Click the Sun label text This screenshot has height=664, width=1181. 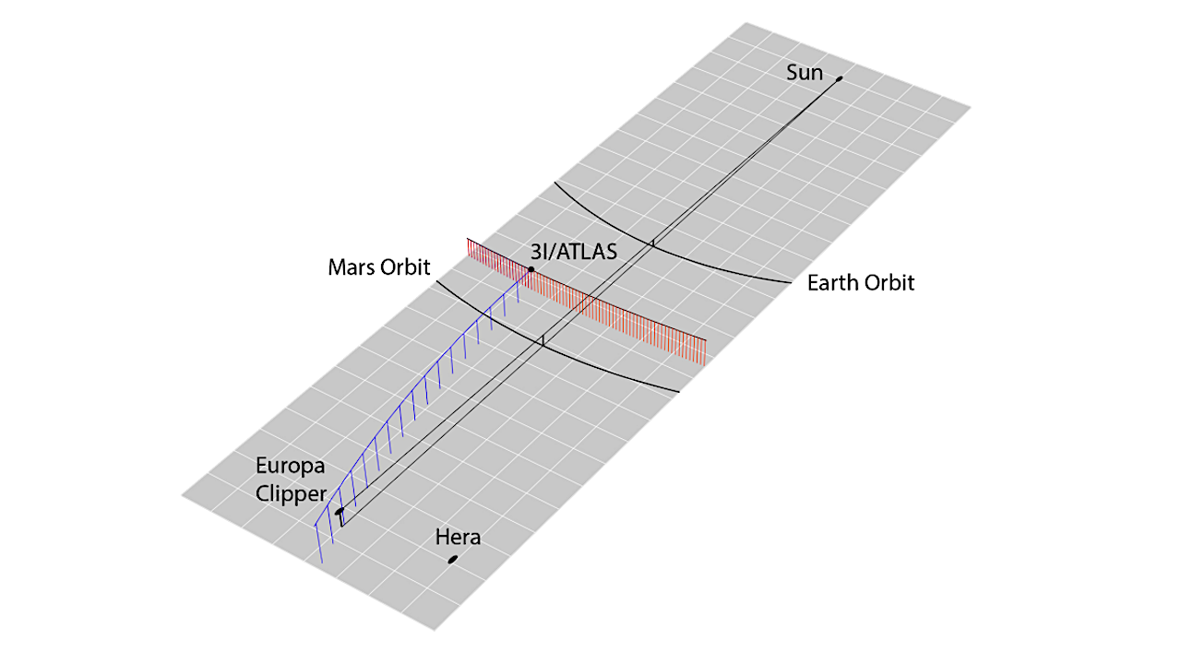coord(805,72)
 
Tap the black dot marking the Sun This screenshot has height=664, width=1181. coord(840,79)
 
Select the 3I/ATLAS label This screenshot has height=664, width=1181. coord(573,252)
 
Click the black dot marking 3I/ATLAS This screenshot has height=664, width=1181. coord(531,269)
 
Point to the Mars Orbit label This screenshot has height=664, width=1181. coord(379,267)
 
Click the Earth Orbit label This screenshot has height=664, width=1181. coord(861,283)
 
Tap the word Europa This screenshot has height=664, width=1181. coord(291,467)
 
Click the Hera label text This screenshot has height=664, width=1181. coord(459,537)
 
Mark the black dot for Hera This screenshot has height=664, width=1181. coord(453,559)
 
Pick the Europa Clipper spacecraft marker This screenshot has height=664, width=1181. coord(340,511)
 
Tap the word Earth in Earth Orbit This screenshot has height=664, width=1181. coord(833,283)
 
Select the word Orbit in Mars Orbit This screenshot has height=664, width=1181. coord(408,267)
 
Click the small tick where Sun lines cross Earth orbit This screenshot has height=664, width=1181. coord(653,243)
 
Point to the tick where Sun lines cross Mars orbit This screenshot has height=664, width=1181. coord(543,341)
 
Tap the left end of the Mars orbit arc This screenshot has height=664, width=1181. coord(436,281)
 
